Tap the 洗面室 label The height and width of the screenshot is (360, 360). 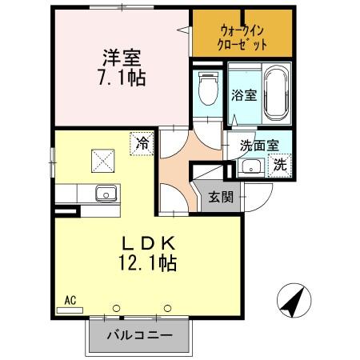coord(261,146)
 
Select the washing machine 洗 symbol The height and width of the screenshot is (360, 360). coord(281,165)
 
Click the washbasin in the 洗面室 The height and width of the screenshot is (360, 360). coord(250,167)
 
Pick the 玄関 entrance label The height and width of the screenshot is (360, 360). coord(222,197)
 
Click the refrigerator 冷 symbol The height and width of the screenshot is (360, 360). coord(142,144)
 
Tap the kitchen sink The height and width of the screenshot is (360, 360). coord(104,194)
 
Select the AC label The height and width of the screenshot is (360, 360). coord(70,300)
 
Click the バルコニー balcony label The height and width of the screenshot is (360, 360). coord(139,334)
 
